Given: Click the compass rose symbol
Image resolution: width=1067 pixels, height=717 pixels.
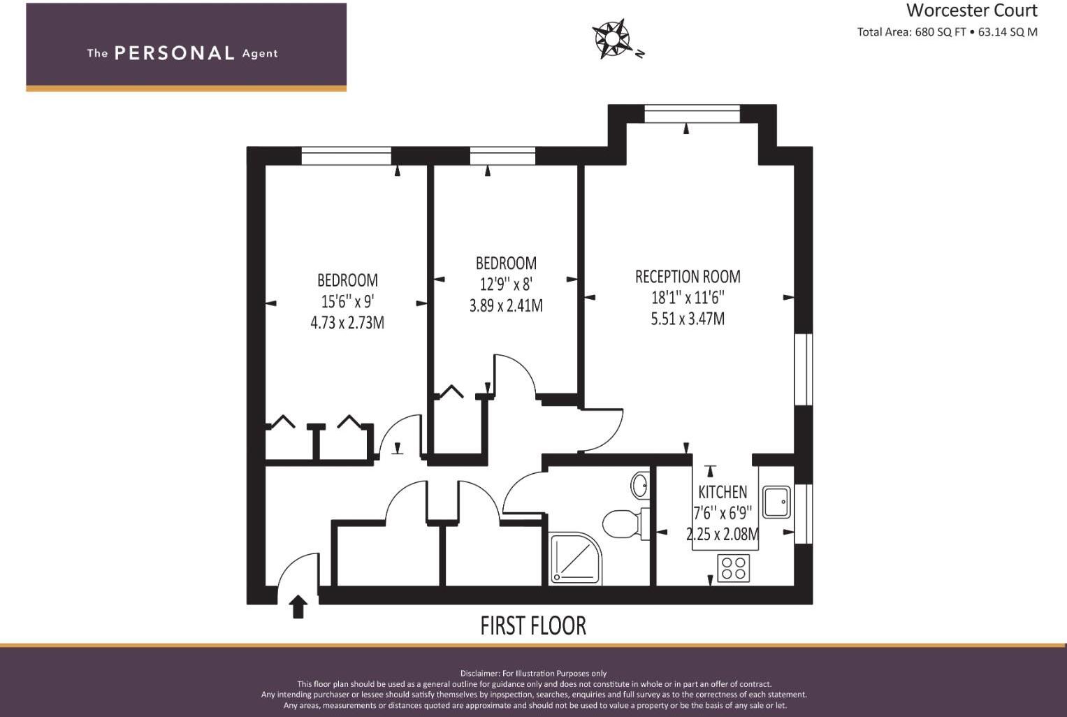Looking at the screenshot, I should pyautogui.click(x=612, y=38).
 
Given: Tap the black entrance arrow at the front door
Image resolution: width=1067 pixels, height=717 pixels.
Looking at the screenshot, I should pyautogui.click(x=298, y=607).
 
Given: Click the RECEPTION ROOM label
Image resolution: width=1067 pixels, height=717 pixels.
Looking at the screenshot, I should pyautogui.click(x=688, y=277).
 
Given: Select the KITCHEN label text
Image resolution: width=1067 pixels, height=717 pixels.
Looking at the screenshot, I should pyautogui.click(x=723, y=492).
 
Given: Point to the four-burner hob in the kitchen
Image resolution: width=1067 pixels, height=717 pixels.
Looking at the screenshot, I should pyautogui.click(x=733, y=568).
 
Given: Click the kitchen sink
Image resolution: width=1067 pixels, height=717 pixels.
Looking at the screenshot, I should pyautogui.click(x=776, y=502).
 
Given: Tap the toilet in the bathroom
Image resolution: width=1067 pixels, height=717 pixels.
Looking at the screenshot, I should pyautogui.click(x=621, y=524).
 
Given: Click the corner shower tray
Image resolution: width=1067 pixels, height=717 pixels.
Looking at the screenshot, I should pyautogui.click(x=575, y=558).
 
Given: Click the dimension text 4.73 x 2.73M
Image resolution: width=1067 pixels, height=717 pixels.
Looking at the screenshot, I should pyautogui.click(x=347, y=323).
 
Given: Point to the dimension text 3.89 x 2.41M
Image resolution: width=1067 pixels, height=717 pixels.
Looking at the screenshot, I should pyautogui.click(x=506, y=306).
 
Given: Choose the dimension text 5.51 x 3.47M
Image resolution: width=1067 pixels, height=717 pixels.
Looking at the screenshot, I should pyautogui.click(x=688, y=319).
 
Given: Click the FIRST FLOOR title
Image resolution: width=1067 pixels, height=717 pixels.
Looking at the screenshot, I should pyautogui.click(x=533, y=625).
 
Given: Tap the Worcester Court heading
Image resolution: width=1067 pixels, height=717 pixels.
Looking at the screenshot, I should pyautogui.click(x=971, y=10).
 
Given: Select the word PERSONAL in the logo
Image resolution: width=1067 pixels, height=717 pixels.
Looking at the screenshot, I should pyautogui.click(x=174, y=53).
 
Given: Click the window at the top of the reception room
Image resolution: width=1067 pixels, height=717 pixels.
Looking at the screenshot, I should pyautogui.click(x=692, y=113).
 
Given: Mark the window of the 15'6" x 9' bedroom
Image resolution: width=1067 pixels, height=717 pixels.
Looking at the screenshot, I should pyautogui.click(x=346, y=156).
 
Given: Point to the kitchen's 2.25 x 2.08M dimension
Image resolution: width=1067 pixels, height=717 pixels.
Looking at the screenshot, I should pyautogui.click(x=723, y=535).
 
